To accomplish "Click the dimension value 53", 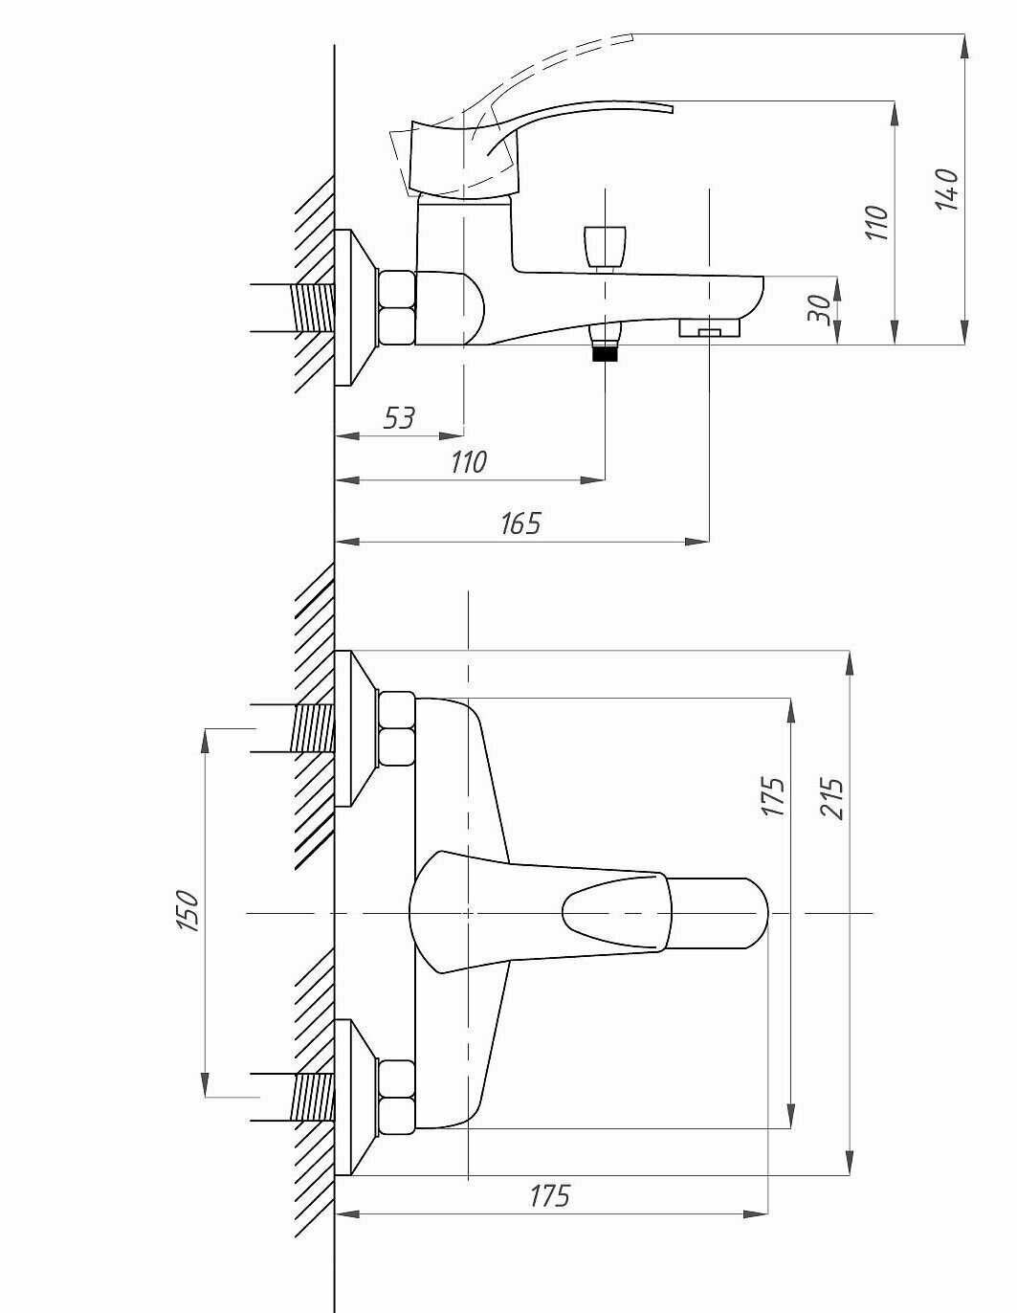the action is pos(399,417).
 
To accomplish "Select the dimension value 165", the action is pos(520,523).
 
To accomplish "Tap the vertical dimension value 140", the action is pos(946,189).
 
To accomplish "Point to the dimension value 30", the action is pos(819,310).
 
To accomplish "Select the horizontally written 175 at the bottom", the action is pos(549,1196).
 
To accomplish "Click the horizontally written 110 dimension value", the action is pos(468,462).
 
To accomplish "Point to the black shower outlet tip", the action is pos(604,353).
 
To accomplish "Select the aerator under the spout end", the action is pos(709,329).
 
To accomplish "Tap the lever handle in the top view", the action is pos(588,913).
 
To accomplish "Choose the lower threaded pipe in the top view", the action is pos(314,1097).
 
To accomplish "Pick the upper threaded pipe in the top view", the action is pos(314,728).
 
